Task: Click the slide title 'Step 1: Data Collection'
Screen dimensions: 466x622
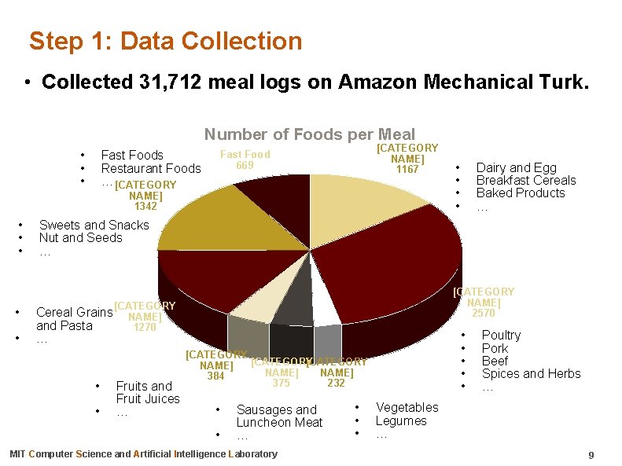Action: pos(165,41)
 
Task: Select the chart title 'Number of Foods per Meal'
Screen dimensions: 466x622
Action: pos(310,134)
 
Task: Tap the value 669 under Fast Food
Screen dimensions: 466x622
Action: pos(245,165)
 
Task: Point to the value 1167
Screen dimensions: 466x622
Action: pos(407,169)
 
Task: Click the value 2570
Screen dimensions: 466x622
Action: pos(483,314)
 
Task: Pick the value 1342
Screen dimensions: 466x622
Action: pos(145,207)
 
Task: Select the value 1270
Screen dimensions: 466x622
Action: pos(145,328)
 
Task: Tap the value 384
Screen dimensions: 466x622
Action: pos(215,376)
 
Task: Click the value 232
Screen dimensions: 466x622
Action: pos(336,383)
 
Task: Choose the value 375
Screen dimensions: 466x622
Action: pos(281,383)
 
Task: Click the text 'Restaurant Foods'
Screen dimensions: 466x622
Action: pos(151,168)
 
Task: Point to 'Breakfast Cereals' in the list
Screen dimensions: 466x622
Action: pos(526,180)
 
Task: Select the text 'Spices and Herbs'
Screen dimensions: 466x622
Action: pos(531,373)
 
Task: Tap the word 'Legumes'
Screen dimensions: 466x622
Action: pos(401,420)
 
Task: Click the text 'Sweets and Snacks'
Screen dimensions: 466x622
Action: pos(94,225)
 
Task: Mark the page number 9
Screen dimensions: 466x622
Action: pos(591,456)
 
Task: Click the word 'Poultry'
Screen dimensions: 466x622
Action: pos(501,336)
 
